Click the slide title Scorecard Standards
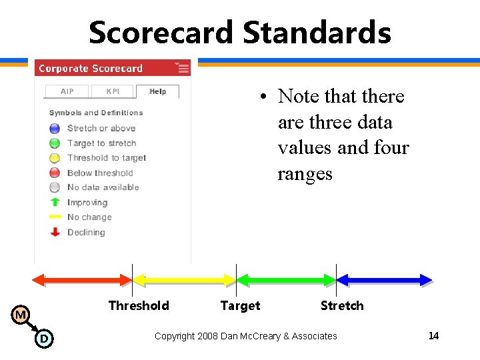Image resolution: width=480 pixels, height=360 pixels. click(239, 32)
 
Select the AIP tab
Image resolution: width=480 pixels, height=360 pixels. click(67, 91)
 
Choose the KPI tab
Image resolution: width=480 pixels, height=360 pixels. click(113, 91)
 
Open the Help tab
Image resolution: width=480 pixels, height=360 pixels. click(158, 91)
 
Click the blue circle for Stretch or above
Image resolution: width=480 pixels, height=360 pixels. click(55, 128)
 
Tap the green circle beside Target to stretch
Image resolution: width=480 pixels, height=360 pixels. click(55, 143)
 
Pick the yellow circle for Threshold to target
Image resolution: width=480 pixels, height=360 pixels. click(55, 158)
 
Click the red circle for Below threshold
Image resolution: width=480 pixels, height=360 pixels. click(55, 173)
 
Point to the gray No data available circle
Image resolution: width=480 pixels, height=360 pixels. click(55, 187)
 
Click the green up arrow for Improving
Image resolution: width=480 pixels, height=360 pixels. click(55, 202)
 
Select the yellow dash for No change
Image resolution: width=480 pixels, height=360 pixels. click(55, 217)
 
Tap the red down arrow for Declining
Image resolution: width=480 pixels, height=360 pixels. click(55, 232)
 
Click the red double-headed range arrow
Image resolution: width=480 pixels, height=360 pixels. click(83, 280)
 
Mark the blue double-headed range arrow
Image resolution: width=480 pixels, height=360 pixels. click(385, 280)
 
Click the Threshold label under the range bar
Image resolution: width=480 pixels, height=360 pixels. click(139, 305)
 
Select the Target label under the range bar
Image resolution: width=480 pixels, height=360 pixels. click(240, 305)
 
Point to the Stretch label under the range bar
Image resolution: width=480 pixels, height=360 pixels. click(342, 305)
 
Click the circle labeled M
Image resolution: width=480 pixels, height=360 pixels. click(21, 315)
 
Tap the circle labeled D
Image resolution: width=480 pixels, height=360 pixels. click(43, 339)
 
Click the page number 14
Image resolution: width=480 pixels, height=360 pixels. click(433, 335)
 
